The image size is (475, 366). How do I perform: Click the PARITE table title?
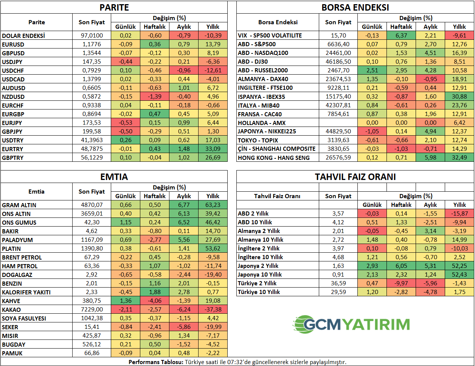tap(114, 8)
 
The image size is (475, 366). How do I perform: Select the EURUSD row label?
tap(13, 44)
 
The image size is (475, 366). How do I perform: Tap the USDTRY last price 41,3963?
tap(92, 140)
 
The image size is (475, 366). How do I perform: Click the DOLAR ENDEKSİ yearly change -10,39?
tap(213, 36)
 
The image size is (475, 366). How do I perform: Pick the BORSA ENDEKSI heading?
tap(355, 8)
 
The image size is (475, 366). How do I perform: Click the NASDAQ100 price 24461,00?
tap(338, 53)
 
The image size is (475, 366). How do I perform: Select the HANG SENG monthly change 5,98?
tap(430, 158)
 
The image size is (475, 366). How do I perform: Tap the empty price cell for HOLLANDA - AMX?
tap(338, 123)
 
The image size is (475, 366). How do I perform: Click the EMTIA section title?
tap(114, 177)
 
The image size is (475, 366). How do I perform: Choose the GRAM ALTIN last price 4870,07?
tap(92, 205)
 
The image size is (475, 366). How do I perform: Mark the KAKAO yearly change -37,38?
tap(213, 310)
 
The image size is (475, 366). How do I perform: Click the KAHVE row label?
tap(11, 301)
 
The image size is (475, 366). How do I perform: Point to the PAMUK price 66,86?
tap(92, 353)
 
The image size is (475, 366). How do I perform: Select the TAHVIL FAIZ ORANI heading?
tap(355, 177)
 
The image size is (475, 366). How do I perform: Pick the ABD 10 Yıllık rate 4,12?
tap(338, 222)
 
